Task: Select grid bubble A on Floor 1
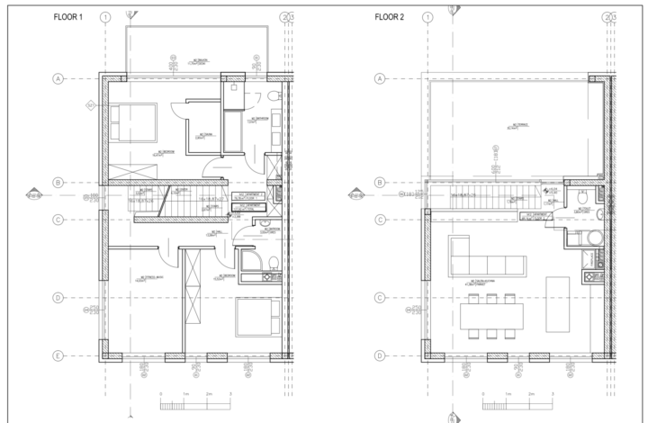(x=58, y=79)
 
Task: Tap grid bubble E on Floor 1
(x=58, y=356)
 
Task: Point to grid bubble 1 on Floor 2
(x=428, y=17)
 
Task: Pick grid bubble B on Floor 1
(x=58, y=183)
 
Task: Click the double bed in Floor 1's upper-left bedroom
(x=133, y=121)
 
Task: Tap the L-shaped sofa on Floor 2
(x=481, y=260)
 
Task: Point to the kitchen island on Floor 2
(x=558, y=296)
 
